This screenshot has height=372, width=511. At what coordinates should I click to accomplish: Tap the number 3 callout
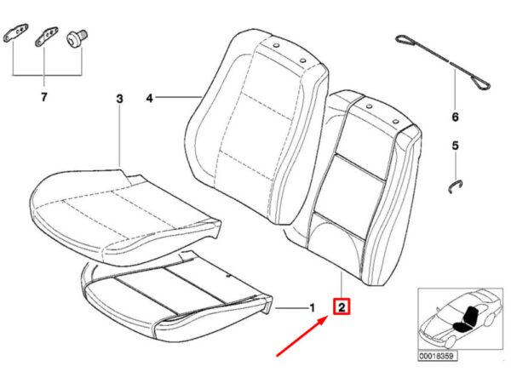[119, 100]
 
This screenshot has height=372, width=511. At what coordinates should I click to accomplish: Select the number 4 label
[149, 100]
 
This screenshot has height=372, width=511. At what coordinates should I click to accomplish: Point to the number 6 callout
[454, 117]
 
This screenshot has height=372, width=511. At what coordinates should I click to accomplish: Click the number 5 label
[454, 146]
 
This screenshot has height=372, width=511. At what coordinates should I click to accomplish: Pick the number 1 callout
[311, 306]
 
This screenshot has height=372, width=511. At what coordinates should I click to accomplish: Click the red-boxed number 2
[342, 306]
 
